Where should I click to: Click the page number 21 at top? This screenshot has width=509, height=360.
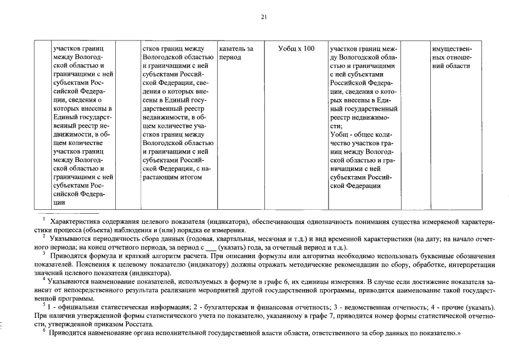coord(264,17)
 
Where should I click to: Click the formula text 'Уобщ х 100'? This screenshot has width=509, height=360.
coord(296,49)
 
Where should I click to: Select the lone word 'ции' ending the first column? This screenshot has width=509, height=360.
coord(58,202)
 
